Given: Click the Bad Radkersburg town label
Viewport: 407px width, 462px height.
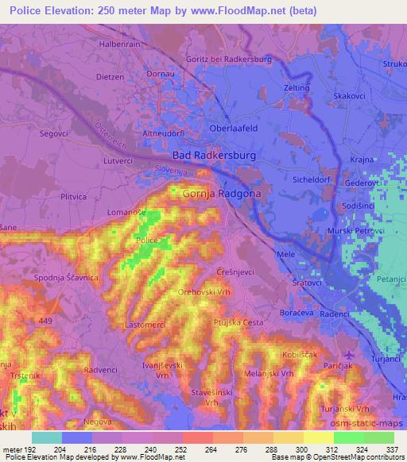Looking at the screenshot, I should (x=214, y=156).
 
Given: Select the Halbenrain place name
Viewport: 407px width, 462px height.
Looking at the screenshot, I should (x=118, y=44).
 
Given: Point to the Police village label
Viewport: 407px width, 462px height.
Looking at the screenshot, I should (x=146, y=240).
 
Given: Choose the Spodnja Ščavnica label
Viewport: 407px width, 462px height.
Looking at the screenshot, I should (x=66, y=277).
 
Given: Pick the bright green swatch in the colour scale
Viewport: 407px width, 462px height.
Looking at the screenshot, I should (x=348, y=437).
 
